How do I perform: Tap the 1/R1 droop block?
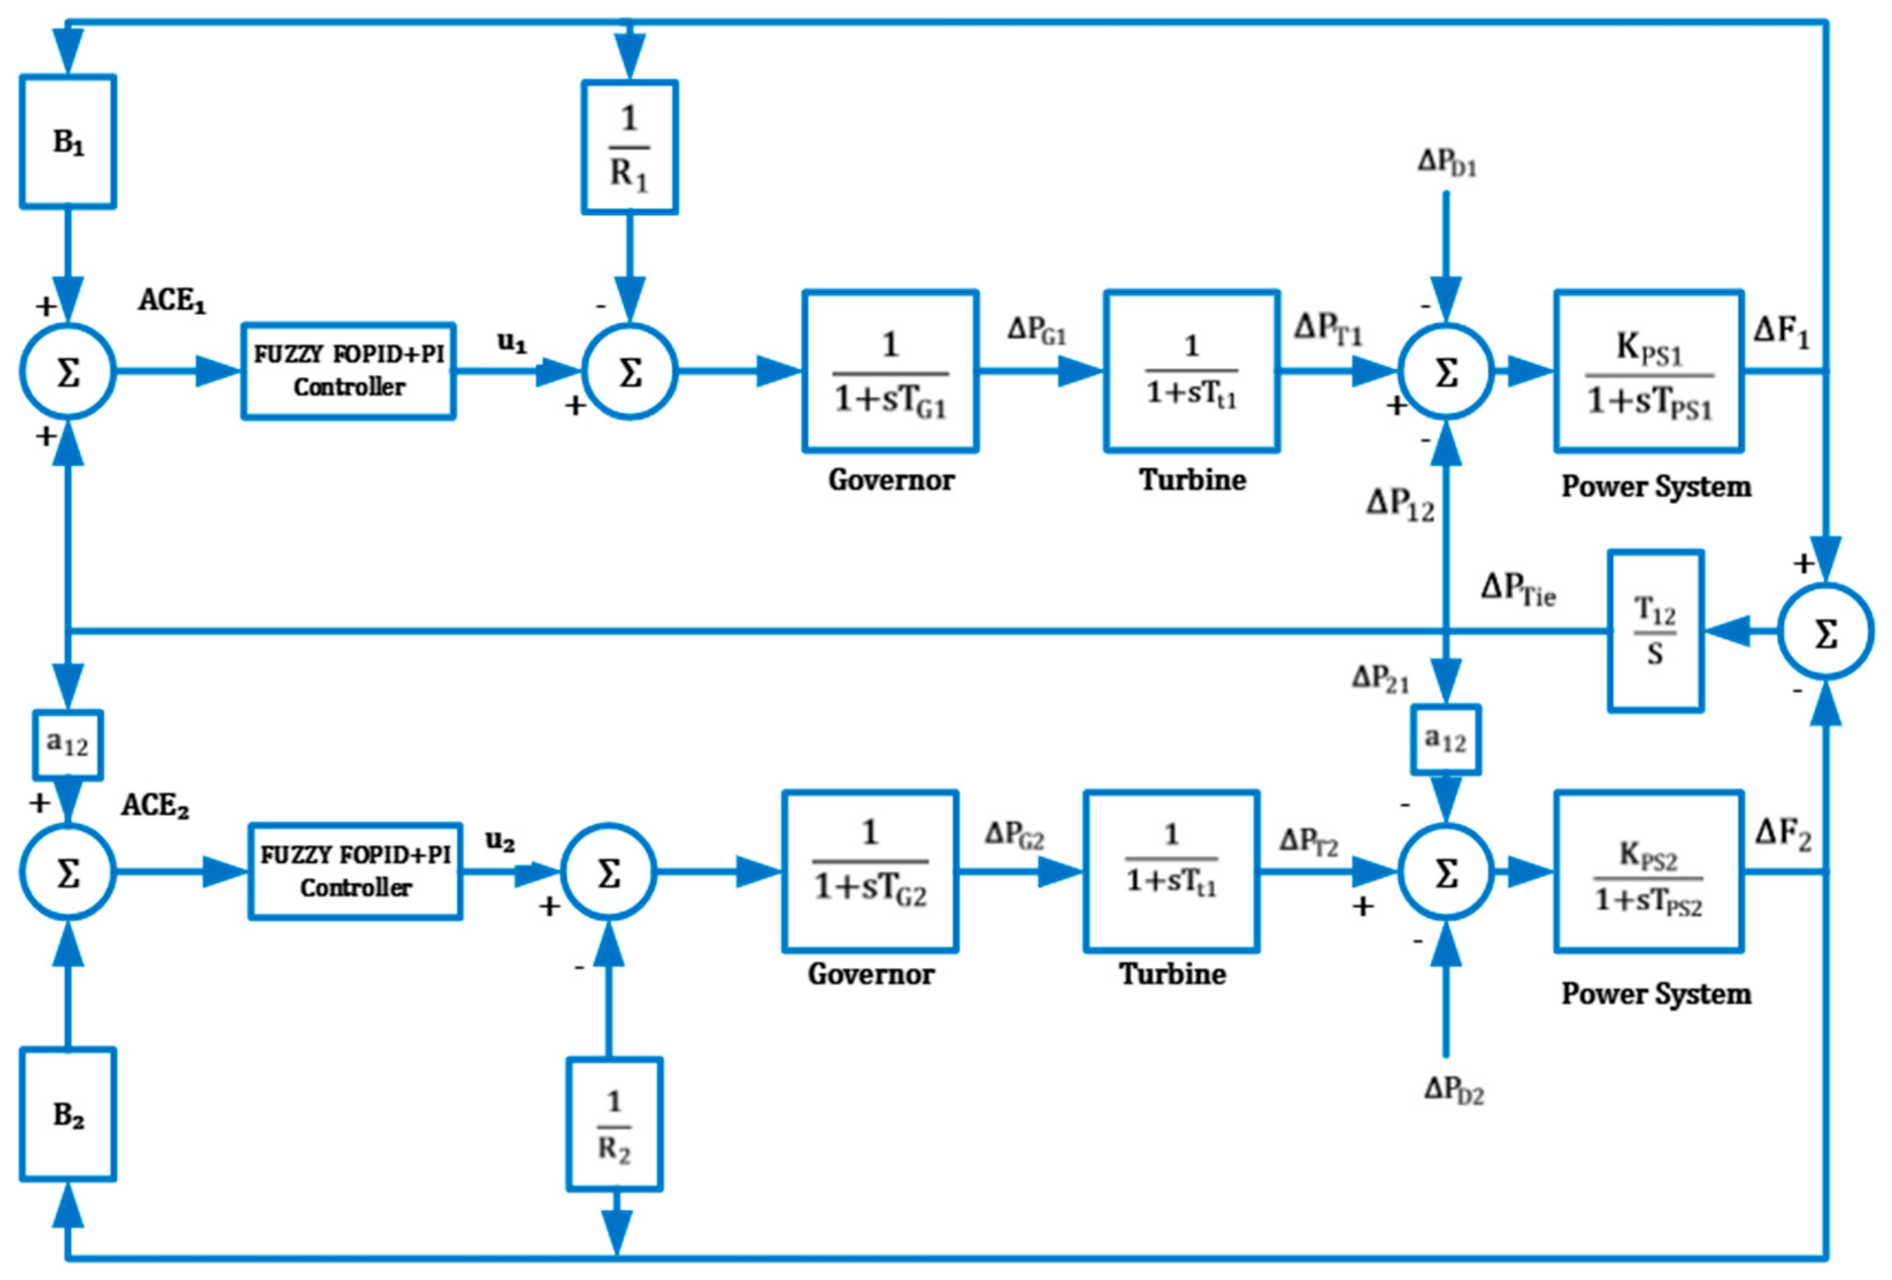(x=630, y=147)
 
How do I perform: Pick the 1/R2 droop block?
(x=615, y=1125)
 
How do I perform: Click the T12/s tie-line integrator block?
(x=1655, y=631)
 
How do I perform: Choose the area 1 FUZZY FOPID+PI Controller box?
(x=348, y=371)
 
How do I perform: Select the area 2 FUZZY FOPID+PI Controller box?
(x=356, y=871)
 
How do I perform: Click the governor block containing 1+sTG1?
(x=890, y=371)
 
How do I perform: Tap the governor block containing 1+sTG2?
(x=869, y=871)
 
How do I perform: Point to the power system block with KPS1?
(x=1649, y=371)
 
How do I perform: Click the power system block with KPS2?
(x=1649, y=871)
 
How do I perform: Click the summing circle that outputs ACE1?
(x=68, y=372)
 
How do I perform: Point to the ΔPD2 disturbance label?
(x=1454, y=1090)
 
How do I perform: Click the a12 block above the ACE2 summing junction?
(x=68, y=744)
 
